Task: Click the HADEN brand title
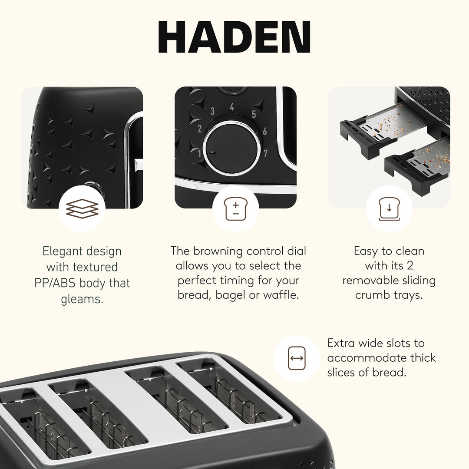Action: (x=234, y=37)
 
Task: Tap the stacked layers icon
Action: (x=82, y=209)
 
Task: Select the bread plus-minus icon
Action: (x=235, y=209)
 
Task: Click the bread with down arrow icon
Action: (x=389, y=209)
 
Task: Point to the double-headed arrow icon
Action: (x=297, y=358)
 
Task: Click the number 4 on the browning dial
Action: (x=232, y=107)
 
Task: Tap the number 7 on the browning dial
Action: (x=265, y=153)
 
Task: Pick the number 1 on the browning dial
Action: (x=200, y=153)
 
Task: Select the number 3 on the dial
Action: (x=212, y=111)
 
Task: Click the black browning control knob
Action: (x=231, y=148)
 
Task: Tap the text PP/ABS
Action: (x=54, y=283)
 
